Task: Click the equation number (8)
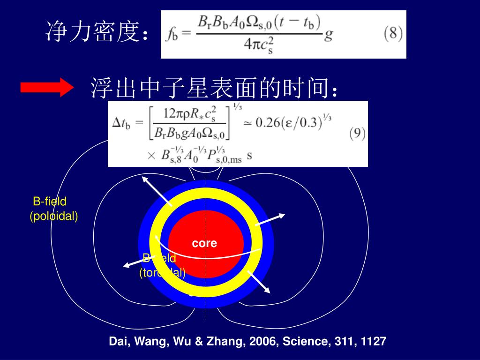393,34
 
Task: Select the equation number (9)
357,133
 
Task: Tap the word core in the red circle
204,243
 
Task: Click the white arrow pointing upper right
271,219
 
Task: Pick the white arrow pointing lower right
259,282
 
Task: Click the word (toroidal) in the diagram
162,273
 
